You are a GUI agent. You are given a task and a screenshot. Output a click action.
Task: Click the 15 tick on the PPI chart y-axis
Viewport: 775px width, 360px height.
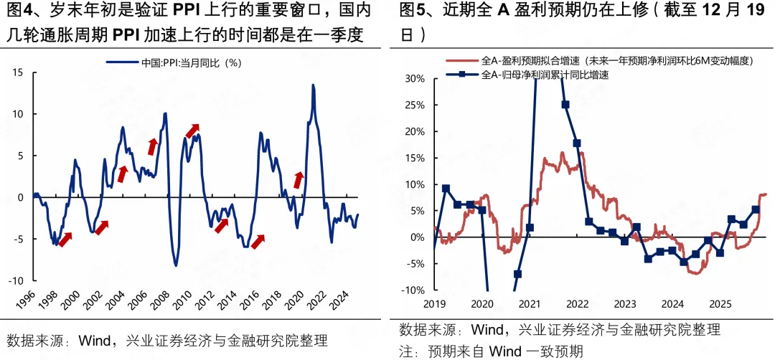19,72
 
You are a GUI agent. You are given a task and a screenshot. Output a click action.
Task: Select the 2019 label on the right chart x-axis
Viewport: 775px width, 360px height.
436,303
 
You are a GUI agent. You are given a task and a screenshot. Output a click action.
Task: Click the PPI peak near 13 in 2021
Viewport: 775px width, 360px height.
314,85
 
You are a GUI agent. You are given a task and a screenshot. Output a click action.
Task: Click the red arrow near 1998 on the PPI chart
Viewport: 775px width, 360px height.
65,240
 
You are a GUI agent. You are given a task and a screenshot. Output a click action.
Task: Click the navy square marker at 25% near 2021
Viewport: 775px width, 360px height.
565,105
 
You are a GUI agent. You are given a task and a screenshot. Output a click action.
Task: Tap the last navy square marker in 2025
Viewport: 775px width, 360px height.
756,210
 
